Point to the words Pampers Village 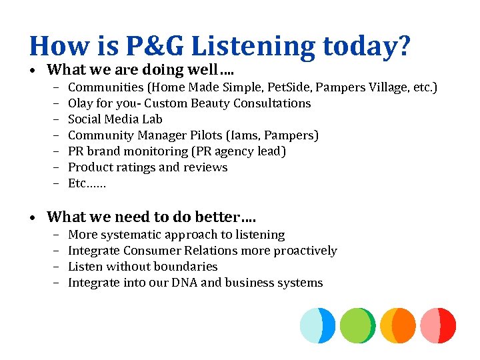pyautogui.click(x=370, y=87)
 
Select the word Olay pyautogui.click(x=81, y=103)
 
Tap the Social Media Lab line pyautogui.click(x=115, y=119)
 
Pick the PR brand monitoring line pyautogui.click(x=177, y=151)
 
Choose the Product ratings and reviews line pyautogui.click(x=148, y=167)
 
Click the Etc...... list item pyautogui.click(x=87, y=183)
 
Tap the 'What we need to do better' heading pyautogui.click(x=151, y=217)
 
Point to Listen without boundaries pyautogui.click(x=143, y=267)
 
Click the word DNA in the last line pyautogui.click(x=183, y=283)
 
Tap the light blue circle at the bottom pyautogui.click(x=317, y=325)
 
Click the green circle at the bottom pyautogui.click(x=357, y=325)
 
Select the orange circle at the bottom pyautogui.click(x=397, y=325)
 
